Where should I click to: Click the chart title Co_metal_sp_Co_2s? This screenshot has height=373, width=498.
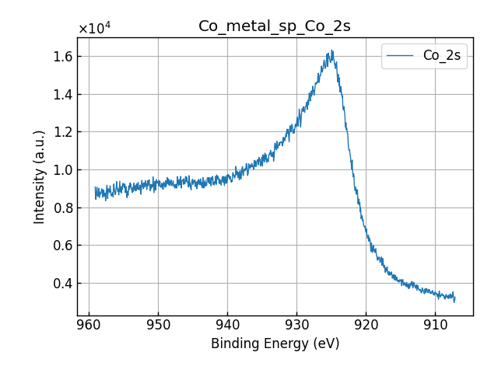tap(274, 26)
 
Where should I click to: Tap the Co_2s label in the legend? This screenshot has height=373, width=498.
tap(441, 55)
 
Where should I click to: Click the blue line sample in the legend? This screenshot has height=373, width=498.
tap(402, 55)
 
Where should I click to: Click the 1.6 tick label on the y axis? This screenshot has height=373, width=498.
tap(63, 57)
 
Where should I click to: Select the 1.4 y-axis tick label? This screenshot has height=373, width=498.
tap(63, 95)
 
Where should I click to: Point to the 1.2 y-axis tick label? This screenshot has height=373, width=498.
tap(63, 132)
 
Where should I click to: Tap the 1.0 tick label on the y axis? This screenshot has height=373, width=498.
tap(63, 170)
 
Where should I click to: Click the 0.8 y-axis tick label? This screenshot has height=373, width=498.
tap(63, 207)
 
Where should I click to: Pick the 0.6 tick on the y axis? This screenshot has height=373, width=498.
tap(63, 246)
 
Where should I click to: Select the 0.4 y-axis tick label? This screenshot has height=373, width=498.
tap(63, 283)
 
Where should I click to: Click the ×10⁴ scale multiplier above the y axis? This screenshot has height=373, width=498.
tap(94, 29)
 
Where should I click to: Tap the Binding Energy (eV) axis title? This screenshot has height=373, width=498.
tap(275, 343)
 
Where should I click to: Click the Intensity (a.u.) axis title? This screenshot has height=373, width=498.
tap(40, 176)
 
